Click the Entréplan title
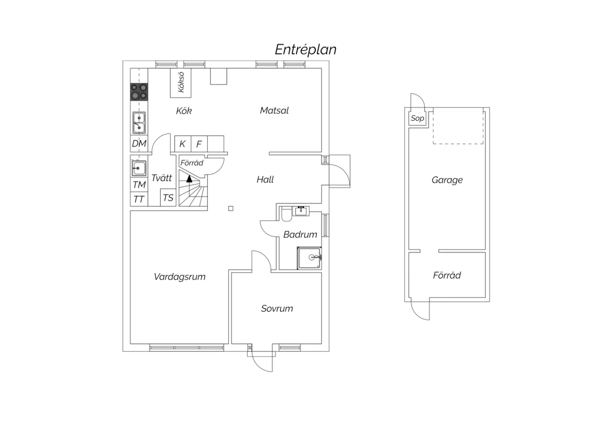point(306,50)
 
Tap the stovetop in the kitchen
point(139,92)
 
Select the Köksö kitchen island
point(181,83)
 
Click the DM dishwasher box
point(139,143)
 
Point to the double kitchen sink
point(139,123)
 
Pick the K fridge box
point(183,143)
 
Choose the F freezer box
point(199,143)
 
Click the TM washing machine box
point(139,185)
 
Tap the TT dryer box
point(139,199)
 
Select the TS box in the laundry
point(168,197)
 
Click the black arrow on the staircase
point(189,179)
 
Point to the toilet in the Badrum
point(286,214)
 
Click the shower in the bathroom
point(309,258)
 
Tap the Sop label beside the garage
point(417,119)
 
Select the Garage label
point(447,180)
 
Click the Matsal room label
point(274,110)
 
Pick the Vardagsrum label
point(180,277)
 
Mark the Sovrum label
point(277,309)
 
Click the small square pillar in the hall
point(231,209)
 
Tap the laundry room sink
point(139,168)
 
